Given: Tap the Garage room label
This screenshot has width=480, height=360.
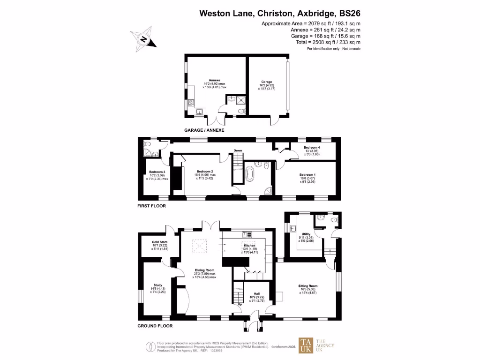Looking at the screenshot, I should pyautogui.click(x=267, y=82).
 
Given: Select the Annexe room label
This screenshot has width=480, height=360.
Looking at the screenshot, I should pyautogui.click(x=214, y=80).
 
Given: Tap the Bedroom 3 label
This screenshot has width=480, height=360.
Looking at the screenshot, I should pyautogui.click(x=157, y=172).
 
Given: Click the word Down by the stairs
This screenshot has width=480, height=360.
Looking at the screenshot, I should pyautogui.click(x=238, y=150).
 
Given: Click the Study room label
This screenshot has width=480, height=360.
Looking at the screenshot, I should pyautogui.click(x=157, y=285).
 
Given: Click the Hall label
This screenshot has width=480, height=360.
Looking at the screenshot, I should pyautogui.click(x=250, y=293).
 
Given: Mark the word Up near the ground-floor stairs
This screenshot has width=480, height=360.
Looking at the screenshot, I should pyautogui.click(x=240, y=305).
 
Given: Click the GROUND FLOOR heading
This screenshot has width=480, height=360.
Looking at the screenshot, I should pyautogui.click(x=155, y=326).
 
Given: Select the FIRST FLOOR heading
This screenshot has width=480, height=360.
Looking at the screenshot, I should pyautogui.click(x=151, y=206).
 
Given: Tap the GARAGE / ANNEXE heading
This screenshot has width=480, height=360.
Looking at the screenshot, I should pyautogui.click(x=204, y=130).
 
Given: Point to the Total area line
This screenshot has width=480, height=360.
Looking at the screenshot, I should pyautogui.click(x=328, y=42).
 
